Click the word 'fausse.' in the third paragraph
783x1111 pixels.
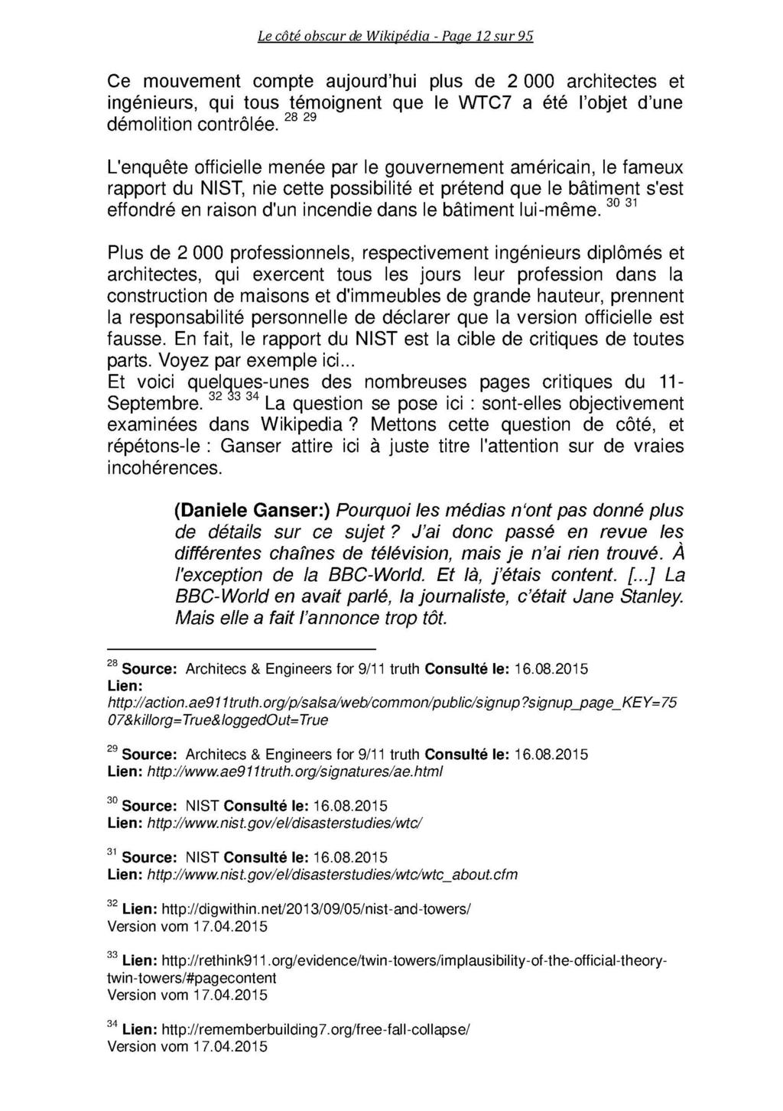click(x=135, y=339)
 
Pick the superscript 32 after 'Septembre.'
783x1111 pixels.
click(x=215, y=396)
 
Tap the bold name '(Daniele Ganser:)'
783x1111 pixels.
click(x=252, y=511)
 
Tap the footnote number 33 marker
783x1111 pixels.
click(x=112, y=957)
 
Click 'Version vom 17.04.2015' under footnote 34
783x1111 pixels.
click(x=187, y=1048)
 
